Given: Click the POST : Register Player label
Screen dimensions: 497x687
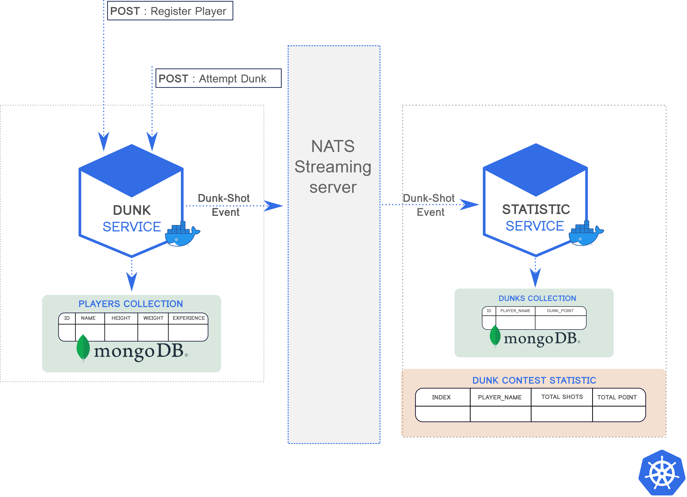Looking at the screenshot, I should click(168, 11).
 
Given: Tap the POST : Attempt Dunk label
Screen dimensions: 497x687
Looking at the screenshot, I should click(213, 79).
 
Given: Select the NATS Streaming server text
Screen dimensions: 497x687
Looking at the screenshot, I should click(333, 167).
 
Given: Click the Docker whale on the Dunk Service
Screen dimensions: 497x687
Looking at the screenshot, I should click(181, 235).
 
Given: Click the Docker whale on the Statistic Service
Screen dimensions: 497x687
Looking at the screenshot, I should click(585, 234).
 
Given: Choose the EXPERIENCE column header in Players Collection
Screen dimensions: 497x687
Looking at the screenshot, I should click(188, 318).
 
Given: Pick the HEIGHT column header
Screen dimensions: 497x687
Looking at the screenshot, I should click(121, 318).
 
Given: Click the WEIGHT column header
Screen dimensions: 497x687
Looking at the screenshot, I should click(153, 318).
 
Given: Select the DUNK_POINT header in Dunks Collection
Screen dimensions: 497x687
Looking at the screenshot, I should click(560, 311).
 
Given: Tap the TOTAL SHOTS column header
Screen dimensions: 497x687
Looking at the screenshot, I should click(562, 397).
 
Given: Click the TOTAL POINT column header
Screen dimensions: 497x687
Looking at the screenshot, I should click(617, 397).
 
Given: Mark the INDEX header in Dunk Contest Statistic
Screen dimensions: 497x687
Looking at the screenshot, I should click(441, 397).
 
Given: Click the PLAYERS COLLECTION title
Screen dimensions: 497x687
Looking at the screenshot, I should click(131, 304).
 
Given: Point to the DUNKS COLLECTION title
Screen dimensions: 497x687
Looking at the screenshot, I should click(537, 298).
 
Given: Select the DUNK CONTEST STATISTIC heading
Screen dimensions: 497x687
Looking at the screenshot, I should click(534, 380).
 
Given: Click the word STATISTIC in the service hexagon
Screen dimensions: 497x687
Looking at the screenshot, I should click(536, 209).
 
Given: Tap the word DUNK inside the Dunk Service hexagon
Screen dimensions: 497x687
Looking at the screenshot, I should click(132, 210).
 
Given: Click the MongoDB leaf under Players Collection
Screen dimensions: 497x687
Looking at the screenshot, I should click(83, 348).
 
